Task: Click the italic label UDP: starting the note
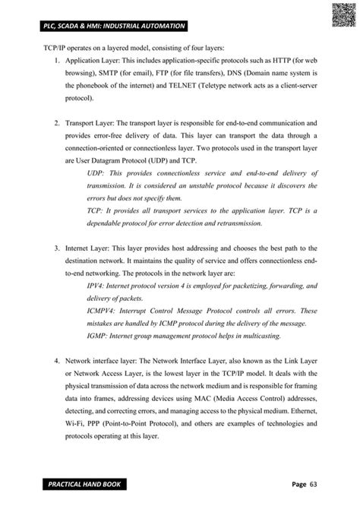[96, 173]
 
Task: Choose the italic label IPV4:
[98, 286]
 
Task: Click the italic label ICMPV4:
[104, 311]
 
